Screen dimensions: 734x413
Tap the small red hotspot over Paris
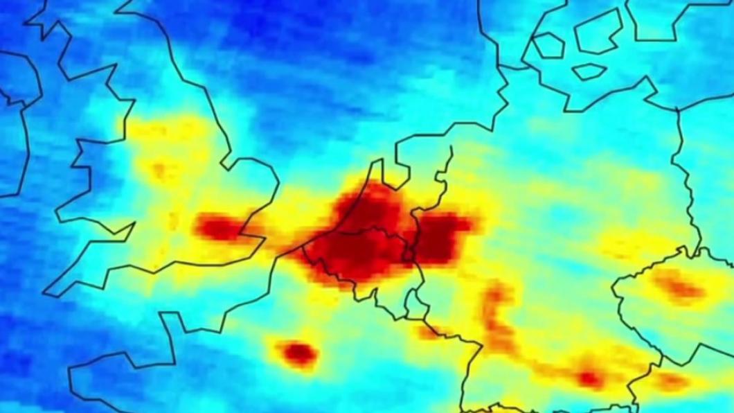click(x=298, y=352)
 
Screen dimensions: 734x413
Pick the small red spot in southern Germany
click(x=590, y=378)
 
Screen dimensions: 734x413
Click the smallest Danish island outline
click(x=589, y=71)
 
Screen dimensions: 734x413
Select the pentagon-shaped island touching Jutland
click(x=547, y=45)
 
